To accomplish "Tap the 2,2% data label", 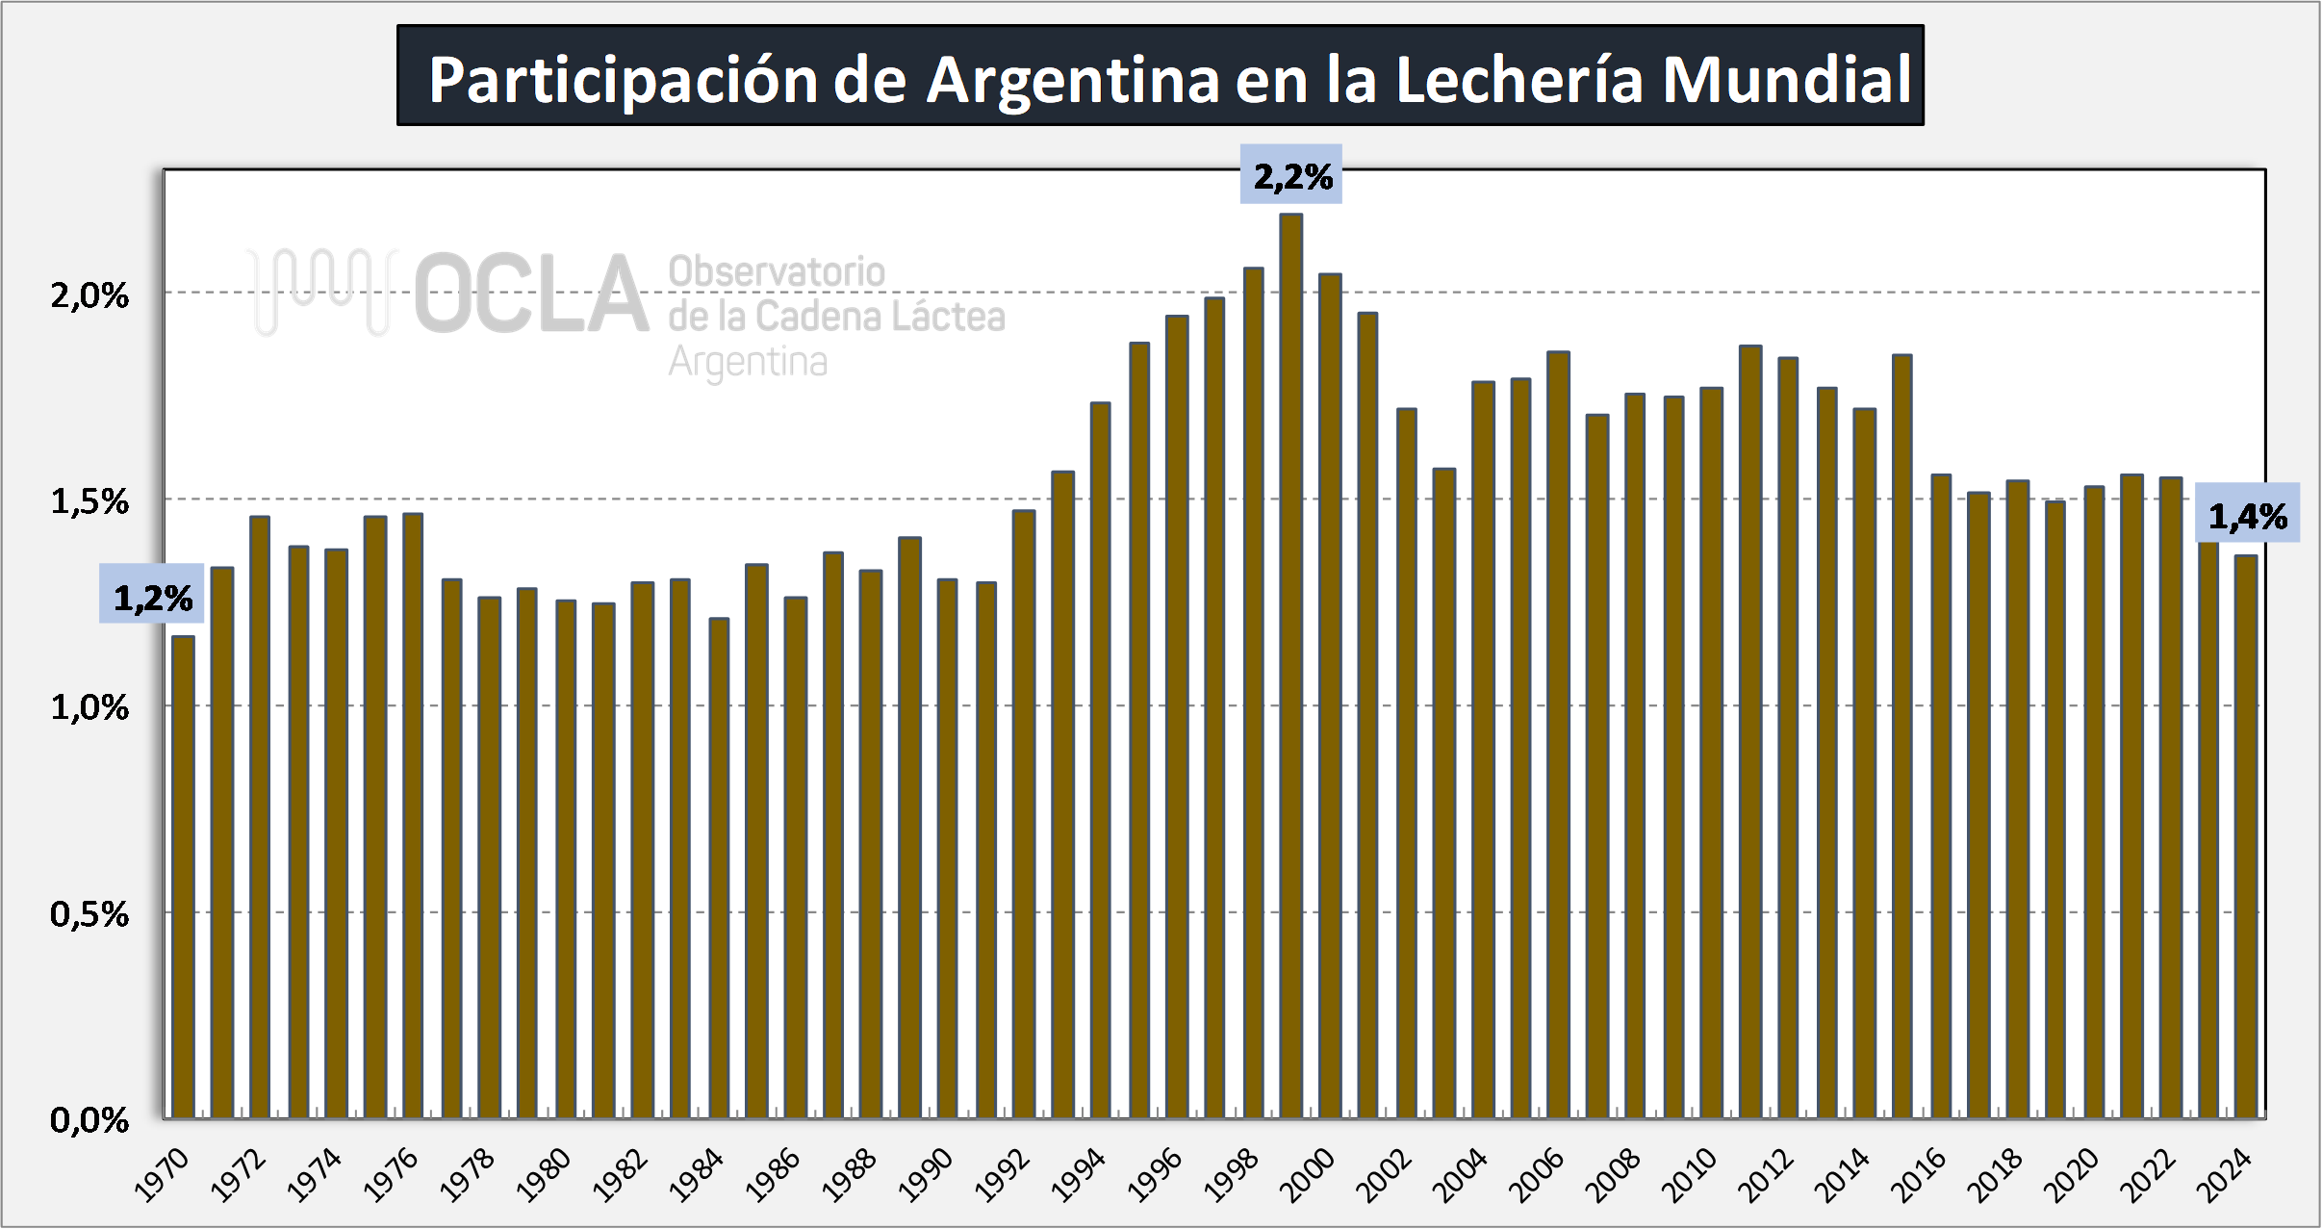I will coord(1291,175).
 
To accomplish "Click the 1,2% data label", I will coord(152,598).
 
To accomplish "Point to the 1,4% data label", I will coord(2247,516).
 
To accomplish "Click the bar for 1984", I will coord(719,866).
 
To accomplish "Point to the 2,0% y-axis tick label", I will coord(89,295).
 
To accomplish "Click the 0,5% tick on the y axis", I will coord(89,913).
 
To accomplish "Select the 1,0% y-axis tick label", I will coord(89,707).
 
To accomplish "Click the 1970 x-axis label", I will coord(162,1175).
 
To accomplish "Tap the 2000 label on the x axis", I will coord(1308,1175).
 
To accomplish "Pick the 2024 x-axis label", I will coord(2225,1175).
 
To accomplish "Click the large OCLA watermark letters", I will coord(531,294).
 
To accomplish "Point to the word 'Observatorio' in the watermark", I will coord(777,271).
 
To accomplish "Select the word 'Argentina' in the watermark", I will coord(748,362).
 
